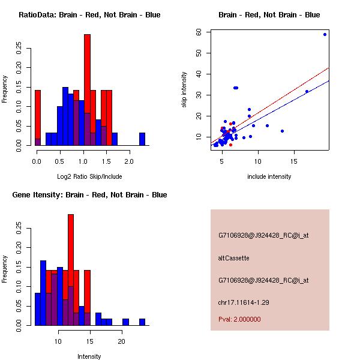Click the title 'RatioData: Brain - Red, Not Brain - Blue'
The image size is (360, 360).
(89, 14)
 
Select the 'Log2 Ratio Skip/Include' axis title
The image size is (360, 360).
(89, 176)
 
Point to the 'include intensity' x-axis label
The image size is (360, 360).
(269, 176)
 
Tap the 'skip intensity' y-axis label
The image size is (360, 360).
(185, 89)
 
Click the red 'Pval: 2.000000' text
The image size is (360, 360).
(239, 319)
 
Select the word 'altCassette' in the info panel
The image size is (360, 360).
(233, 258)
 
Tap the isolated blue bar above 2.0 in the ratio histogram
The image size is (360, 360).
(142, 139)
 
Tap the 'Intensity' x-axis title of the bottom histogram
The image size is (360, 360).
(89, 356)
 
